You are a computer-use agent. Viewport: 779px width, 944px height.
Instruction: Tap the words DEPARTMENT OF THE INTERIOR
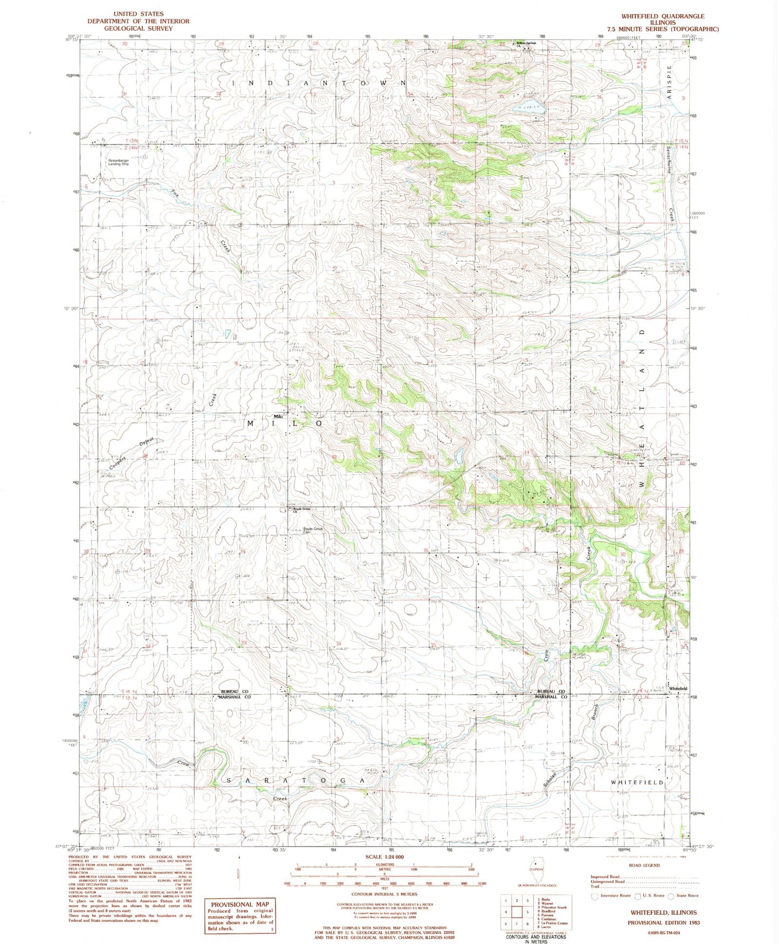coord(139,21)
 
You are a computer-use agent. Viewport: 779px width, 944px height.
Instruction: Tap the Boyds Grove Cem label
coord(313,530)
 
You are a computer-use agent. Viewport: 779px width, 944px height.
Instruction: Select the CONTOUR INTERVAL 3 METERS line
coord(385,894)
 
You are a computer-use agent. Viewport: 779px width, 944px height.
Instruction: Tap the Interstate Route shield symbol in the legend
coord(595,896)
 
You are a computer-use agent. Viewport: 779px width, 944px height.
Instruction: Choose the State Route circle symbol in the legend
coord(671,896)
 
